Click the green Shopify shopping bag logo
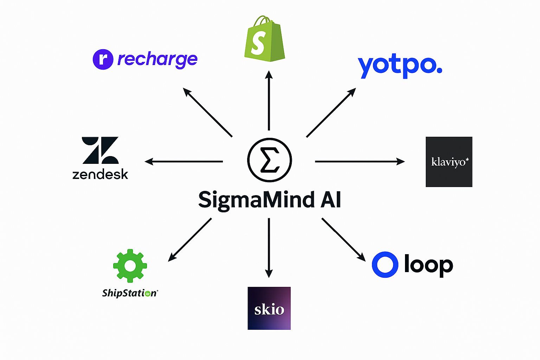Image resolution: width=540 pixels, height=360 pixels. tap(264, 39)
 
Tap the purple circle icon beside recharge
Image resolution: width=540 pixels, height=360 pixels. tap(103, 59)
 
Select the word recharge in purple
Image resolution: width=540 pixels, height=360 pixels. tap(157, 59)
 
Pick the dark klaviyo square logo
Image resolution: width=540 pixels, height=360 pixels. tap(449, 162)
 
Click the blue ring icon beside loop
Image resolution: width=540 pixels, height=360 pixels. tap(385, 265)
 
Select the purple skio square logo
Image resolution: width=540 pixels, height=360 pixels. tap(269, 308)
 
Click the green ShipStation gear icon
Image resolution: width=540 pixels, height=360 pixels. tap(130, 266)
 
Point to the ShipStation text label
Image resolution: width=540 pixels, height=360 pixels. tap(130, 293)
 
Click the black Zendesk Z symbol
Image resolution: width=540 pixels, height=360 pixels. tap(100, 150)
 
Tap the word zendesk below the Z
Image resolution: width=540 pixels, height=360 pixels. tap(100, 174)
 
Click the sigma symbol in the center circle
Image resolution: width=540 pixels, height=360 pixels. tap(269, 160)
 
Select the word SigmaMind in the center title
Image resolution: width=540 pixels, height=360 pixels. tap(256, 200)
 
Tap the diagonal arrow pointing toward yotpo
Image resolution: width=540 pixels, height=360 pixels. tap(331, 112)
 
